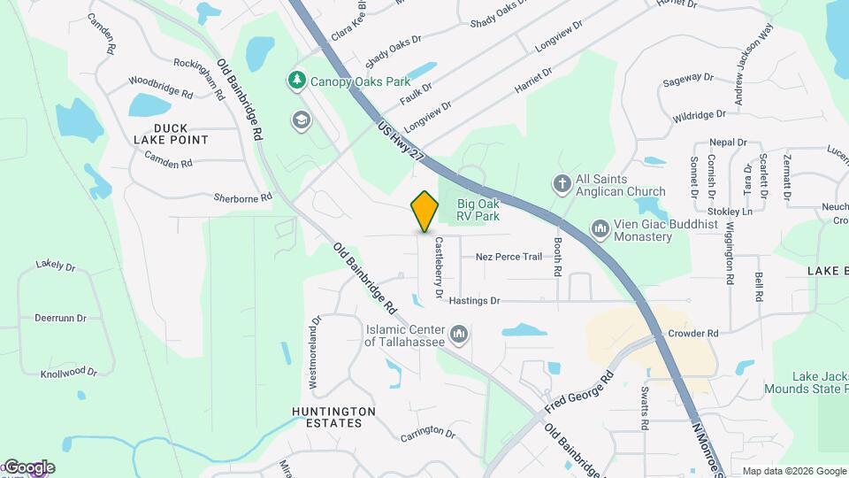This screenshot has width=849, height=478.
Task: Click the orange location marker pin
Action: pos(425,211)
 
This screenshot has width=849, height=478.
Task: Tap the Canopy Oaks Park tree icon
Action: pos(298,81)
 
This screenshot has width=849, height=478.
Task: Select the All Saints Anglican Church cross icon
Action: pos(562,184)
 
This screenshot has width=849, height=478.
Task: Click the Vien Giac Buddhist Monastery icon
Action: pos(601,230)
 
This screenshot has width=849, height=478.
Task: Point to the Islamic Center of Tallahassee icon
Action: pos(458,334)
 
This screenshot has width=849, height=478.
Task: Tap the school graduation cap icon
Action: pos(302,120)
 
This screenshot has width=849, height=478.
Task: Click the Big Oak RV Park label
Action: pos(478,210)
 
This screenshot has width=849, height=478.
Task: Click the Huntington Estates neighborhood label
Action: pos(333,417)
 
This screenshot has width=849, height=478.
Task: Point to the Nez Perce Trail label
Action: pos(508,257)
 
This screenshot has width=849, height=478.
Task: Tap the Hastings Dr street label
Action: pos(474,301)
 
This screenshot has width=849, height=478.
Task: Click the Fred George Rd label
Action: pos(579,392)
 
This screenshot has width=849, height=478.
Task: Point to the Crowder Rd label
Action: pos(693,334)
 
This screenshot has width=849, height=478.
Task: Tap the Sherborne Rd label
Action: pos(242,197)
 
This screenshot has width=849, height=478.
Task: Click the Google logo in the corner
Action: pos(29,467)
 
